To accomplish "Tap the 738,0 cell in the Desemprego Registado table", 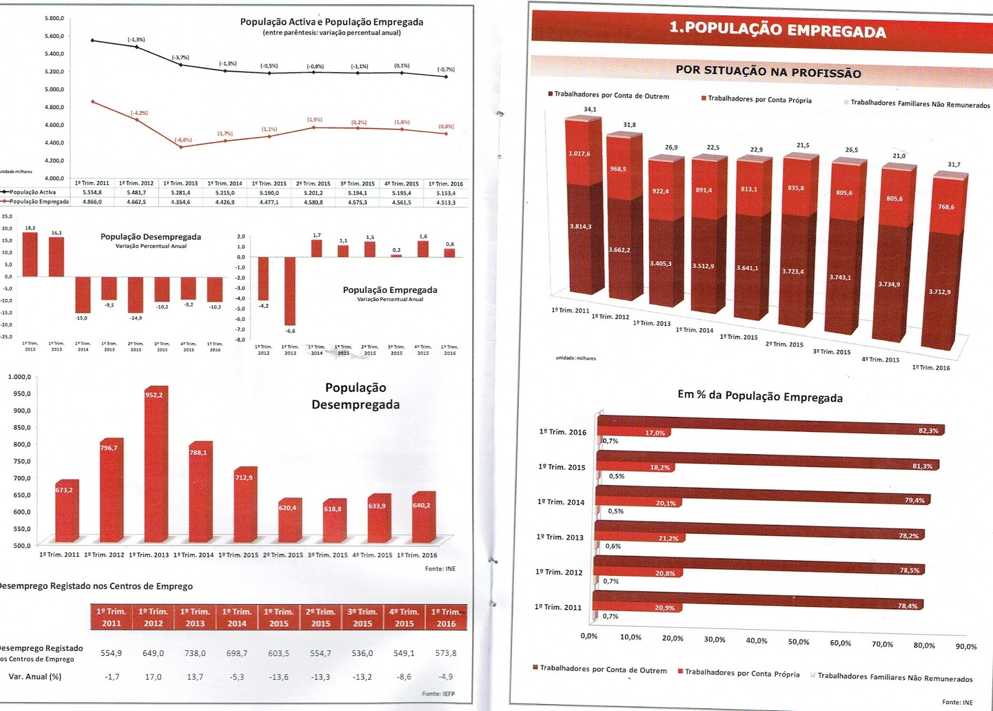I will coord(195,653).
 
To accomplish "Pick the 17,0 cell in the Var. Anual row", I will coord(153,677).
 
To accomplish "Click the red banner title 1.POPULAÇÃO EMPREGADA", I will coord(777,30).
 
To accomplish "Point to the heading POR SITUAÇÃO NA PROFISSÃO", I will coord(768,71).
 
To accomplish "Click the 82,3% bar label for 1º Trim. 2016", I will coord(928,431).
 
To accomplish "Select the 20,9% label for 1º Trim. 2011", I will coord(665,607).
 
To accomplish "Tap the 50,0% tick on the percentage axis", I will coord(798,642).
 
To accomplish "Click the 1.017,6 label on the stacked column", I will coord(579,153).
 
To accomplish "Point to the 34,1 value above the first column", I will coord(590,110).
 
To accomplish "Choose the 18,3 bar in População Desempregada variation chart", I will coord(30,254).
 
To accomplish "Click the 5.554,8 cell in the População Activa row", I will coord(92,192).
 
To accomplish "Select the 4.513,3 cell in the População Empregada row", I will coord(446,202).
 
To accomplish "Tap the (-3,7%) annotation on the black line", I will coord(181,58).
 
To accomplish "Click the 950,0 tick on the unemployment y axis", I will coord(22,394).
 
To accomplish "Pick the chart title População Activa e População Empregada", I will coord(331,22).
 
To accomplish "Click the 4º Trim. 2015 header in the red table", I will coord(404,617).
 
